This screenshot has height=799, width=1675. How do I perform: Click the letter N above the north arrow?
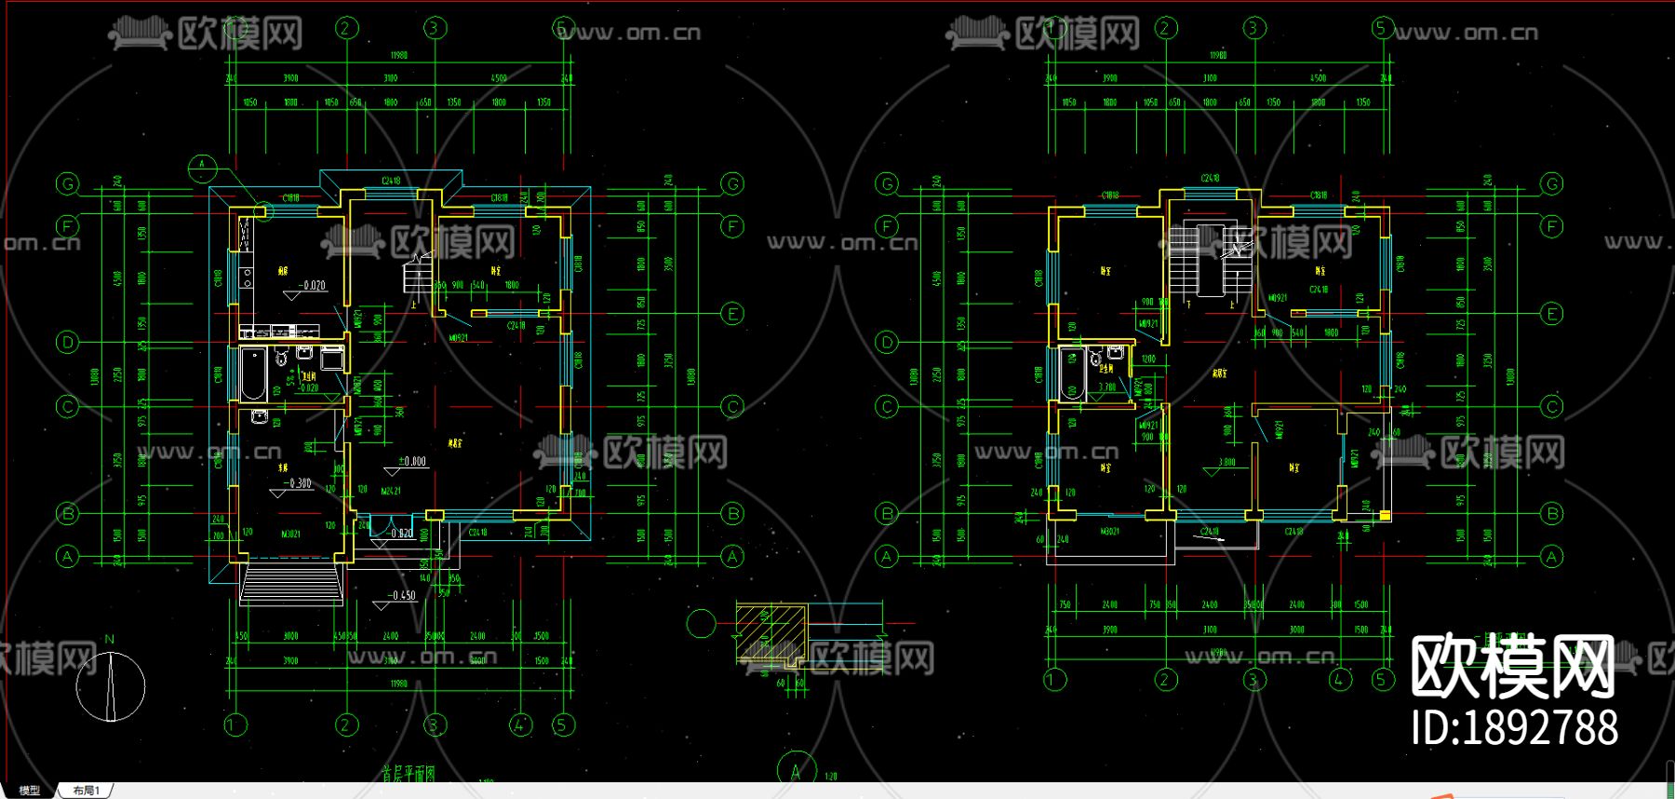click(x=110, y=640)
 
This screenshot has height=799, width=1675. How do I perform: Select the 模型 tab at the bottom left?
click(x=30, y=791)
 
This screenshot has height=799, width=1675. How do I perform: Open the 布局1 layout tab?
click(x=86, y=791)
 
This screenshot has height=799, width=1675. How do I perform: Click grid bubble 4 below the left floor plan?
click(x=520, y=725)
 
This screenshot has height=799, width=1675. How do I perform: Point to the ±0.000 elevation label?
click(x=412, y=461)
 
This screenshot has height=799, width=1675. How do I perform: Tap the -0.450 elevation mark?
click(x=402, y=595)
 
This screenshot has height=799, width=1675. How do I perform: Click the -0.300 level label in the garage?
click(x=300, y=483)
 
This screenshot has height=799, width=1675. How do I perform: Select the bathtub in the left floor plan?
click(x=253, y=373)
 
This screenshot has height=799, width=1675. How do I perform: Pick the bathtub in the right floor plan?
click(x=1072, y=372)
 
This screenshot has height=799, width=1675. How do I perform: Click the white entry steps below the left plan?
click(x=291, y=585)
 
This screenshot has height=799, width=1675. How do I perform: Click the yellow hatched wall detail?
click(x=770, y=633)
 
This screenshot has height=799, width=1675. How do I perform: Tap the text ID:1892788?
click(x=1514, y=727)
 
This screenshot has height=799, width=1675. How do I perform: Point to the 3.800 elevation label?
click(x=1227, y=462)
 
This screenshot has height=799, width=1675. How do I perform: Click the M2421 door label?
click(x=391, y=491)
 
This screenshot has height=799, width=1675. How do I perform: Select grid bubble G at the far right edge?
click(x=1551, y=183)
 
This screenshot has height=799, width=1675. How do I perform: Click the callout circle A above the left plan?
click(x=202, y=169)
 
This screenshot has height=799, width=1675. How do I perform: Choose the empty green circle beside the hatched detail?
click(x=701, y=623)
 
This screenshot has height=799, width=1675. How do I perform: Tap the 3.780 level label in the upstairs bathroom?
click(x=1106, y=386)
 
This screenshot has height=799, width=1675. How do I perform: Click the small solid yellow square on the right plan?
click(x=1385, y=515)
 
